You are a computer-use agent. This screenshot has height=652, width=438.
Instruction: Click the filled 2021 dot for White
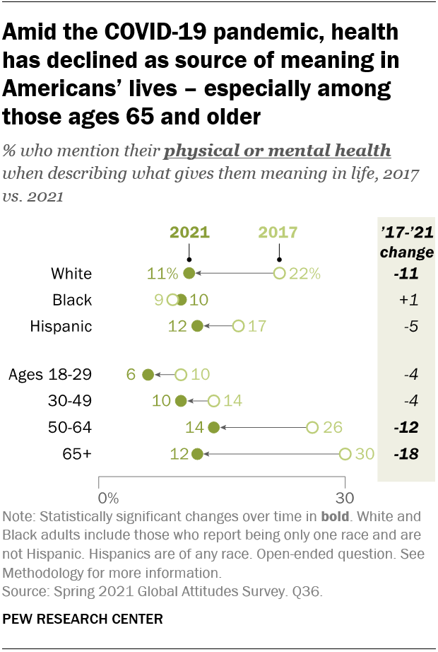point(189,273)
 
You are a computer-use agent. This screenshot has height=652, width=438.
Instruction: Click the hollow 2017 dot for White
point(279,273)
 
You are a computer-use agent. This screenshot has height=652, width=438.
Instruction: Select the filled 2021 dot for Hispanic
point(197,326)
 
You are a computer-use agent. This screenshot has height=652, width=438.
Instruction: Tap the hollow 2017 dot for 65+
point(345,453)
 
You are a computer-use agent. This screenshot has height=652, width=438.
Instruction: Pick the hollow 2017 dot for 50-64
point(312,427)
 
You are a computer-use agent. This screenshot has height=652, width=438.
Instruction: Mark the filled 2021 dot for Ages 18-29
point(148,374)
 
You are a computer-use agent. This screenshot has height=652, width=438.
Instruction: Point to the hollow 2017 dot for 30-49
point(213,401)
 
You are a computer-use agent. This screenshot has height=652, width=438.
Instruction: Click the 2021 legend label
point(189,233)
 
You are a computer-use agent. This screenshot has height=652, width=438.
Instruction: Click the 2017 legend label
point(278,233)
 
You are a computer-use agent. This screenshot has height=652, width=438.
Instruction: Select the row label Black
point(72,300)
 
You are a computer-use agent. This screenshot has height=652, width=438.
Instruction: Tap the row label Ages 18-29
point(50,374)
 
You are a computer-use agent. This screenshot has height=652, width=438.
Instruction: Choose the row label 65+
point(77,453)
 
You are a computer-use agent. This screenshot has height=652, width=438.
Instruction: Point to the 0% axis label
point(108,496)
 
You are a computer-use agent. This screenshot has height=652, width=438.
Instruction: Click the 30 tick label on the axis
point(345,496)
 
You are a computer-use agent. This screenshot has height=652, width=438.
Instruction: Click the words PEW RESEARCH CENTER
point(83,619)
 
